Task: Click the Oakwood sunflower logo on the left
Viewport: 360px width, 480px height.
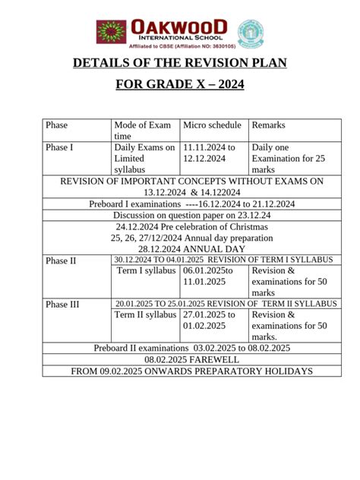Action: (x=110, y=32)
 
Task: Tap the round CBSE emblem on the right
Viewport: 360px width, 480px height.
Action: (x=250, y=33)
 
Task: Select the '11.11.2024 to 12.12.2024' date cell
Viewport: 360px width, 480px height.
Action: (x=210, y=153)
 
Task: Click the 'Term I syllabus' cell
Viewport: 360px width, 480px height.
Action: (x=147, y=270)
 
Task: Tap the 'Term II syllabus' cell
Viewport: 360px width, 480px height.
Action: (x=147, y=314)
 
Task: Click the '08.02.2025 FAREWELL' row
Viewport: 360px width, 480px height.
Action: (x=191, y=359)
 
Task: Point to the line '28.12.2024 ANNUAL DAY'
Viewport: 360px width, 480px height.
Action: (x=191, y=248)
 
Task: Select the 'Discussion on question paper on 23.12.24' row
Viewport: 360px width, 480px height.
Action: (x=191, y=215)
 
